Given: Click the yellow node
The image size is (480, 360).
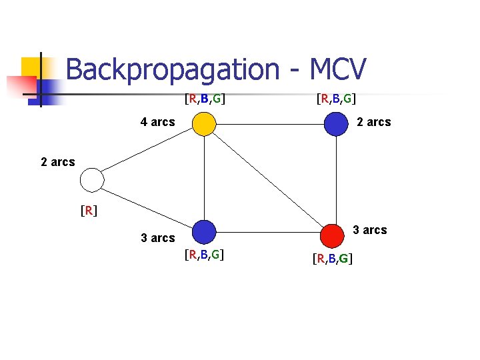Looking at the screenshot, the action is (x=204, y=124).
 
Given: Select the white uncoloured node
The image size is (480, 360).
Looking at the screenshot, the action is (x=92, y=180).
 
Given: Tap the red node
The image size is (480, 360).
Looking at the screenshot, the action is (x=332, y=236).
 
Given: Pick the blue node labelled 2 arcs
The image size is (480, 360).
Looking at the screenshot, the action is (x=336, y=124).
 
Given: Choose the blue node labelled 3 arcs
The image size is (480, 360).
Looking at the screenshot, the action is (x=204, y=232).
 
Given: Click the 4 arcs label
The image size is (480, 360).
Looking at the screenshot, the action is (x=157, y=122).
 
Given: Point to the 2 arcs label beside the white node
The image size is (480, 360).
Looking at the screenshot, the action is (x=58, y=162).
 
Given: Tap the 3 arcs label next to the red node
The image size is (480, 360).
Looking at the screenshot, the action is (x=370, y=230).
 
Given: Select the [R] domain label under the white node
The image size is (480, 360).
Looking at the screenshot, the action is (x=89, y=211).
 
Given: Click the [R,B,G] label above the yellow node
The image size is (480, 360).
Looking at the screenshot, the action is (x=205, y=99).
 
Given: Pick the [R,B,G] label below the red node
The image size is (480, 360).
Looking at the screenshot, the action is (x=333, y=259).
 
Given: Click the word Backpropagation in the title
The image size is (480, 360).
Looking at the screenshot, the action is (x=173, y=69).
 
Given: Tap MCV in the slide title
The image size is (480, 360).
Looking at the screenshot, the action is (x=338, y=69).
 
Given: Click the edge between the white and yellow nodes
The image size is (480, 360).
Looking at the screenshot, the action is (x=147, y=150).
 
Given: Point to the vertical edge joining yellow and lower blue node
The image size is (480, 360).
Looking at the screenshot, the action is (x=204, y=178).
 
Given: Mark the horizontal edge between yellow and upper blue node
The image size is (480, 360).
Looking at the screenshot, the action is (x=270, y=124).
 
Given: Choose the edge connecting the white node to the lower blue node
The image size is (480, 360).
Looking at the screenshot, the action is (x=147, y=209).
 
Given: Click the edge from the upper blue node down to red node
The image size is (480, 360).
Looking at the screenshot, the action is (x=336, y=180).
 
